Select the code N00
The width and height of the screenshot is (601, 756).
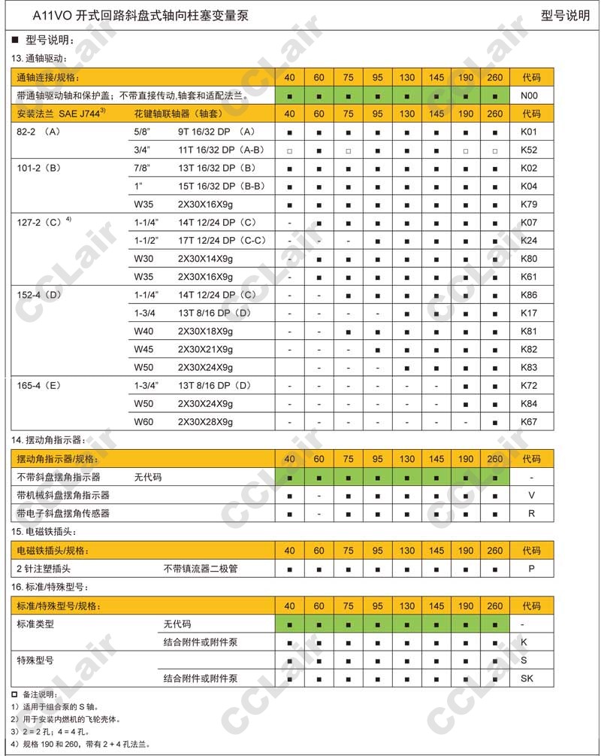[530, 96]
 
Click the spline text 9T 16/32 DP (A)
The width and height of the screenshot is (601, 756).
[216, 132]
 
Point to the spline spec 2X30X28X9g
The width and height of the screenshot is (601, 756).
[205, 422]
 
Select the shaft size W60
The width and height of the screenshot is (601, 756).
[143, 422]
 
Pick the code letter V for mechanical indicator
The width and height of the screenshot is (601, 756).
[531, 495]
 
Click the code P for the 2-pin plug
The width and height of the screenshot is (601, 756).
[531, 569]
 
